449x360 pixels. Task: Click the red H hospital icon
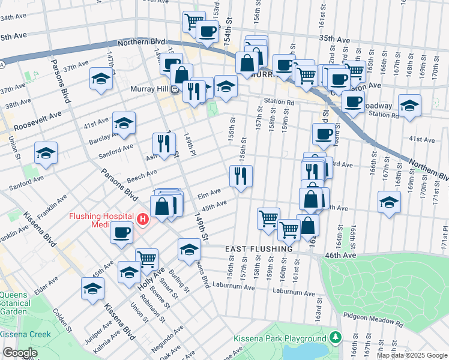[142, 220]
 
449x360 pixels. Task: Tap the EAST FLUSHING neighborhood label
[259, 248]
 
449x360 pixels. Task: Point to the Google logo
[20, 353]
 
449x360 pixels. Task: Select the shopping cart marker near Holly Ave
[146, 260]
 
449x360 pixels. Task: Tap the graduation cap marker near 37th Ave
[101, 79]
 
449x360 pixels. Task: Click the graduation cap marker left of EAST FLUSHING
[190, 249]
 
